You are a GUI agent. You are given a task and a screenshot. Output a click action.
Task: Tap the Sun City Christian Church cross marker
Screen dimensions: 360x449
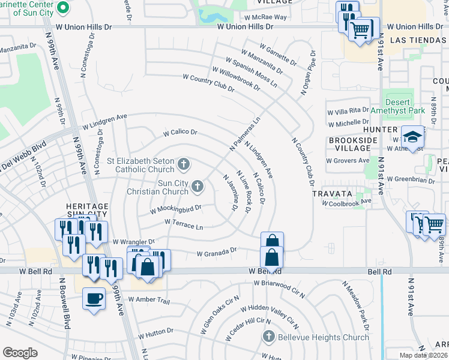[197, 188]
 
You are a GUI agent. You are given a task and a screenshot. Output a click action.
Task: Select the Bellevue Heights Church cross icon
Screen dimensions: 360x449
[268, 337]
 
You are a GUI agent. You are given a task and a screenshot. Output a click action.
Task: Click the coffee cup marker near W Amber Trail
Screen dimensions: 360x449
[93, 298]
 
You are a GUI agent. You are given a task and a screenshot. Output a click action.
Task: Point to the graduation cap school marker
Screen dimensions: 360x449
[413, 137]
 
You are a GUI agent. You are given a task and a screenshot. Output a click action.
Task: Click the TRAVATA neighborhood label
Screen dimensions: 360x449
[331, 194]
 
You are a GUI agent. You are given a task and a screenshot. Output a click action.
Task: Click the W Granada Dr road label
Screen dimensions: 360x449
[217, 253]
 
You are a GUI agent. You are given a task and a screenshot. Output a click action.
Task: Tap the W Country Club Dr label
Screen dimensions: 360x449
[208, 83]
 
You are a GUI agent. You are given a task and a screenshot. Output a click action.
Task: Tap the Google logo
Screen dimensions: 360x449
[20, 353]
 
